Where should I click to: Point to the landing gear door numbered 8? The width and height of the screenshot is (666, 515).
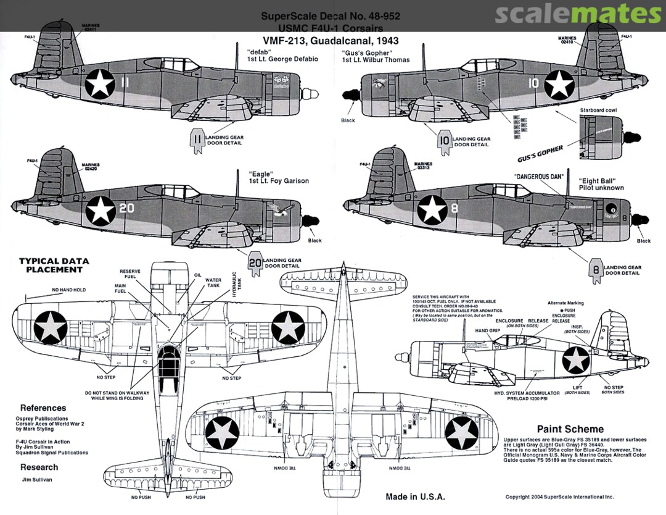(596, 270)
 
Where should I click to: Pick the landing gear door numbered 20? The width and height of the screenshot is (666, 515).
(255, 262)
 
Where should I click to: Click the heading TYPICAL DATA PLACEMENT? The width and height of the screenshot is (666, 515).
(54, 265)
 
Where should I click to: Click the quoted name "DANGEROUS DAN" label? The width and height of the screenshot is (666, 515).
(540, 177)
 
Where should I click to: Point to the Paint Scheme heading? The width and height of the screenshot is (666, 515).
(570, 429)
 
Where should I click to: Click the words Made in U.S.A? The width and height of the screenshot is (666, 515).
(415, 496)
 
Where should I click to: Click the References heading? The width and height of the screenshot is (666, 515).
(43, 408)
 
